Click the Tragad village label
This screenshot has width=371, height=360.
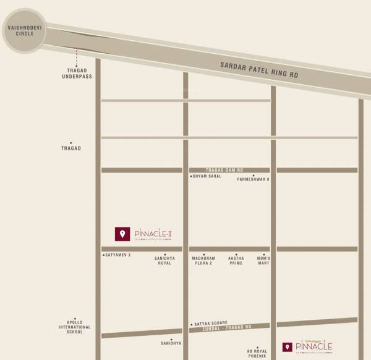pyautogui.click(x=71, y=148)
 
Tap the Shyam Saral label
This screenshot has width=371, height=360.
pyautogui.click(x=208, y=177)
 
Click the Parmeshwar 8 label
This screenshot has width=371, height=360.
pyautogui.click(x=254, y=180)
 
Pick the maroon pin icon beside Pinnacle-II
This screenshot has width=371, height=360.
pyautogui.click(x=122, y=233)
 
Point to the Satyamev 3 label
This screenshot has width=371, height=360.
pyautogui.click(x=117, y=255)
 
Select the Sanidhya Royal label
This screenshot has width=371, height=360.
pyautogui.click(x=164, y=260)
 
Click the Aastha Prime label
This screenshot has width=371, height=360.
pyautogui.click(x=236, y=260)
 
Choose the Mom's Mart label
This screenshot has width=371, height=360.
pyautogui.click(x=264, y=260)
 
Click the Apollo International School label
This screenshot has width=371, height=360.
pyautogui.click(x=79, y=327)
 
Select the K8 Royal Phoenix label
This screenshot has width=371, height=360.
pyautogui.click(x=257, y=353)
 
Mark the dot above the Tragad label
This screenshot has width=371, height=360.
pyautogui.click(x=71, y=142)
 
